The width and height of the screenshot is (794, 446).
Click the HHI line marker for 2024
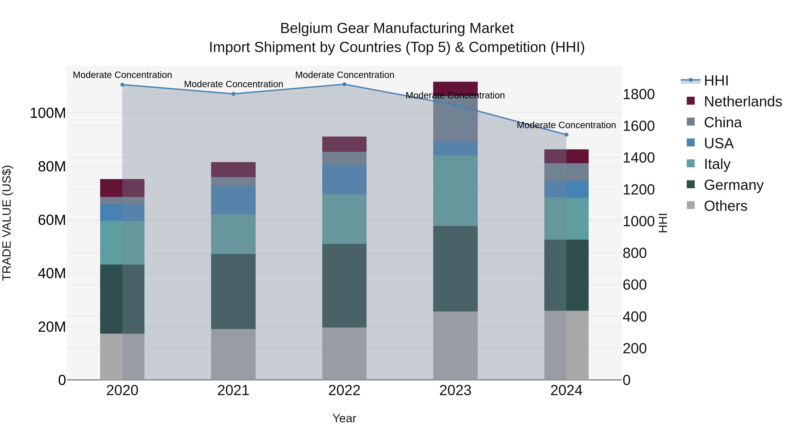coord(566,135)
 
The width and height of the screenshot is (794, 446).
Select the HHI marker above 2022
coord(344,84)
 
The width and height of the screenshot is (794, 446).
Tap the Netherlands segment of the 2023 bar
coord(455,88)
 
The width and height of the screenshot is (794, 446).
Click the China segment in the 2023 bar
coord(455,118)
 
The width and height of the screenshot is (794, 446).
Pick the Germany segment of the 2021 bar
coord(233,291)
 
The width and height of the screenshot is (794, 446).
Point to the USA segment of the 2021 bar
coord(233,200)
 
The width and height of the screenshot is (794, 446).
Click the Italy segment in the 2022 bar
coord(344,219)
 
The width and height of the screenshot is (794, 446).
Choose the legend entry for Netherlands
coord(743,102)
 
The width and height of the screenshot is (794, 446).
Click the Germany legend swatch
coord(691,185)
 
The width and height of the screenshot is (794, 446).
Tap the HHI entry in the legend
coord(716,81)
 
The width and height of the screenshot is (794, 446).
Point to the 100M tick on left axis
coord(48,113)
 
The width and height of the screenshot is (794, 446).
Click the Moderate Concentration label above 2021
coord(233,84)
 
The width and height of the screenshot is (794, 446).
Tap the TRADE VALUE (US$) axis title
coord(7,223)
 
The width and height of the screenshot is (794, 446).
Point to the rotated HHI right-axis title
coord(663,223)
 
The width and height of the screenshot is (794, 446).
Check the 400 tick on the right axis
coord(634,317)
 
